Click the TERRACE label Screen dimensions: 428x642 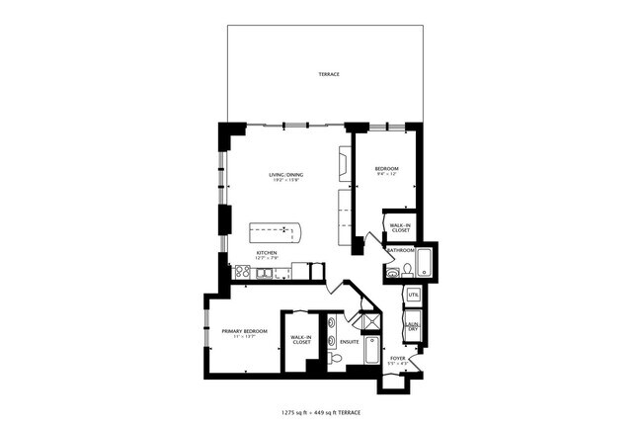pos(328,75)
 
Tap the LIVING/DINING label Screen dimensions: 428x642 pos(286,175)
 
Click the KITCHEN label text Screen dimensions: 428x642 pos(266,253)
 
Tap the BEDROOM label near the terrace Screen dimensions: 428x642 pos(385,169)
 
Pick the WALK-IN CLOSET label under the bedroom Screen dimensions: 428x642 pos(400,227)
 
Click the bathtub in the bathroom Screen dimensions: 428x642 pos(424,263)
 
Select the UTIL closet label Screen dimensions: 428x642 pos(413,295)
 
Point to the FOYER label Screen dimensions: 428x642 pos(397,359)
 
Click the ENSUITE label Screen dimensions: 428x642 pos(349,343)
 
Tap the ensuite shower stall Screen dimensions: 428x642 pos(369,320)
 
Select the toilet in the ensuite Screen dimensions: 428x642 pos(336,361)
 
